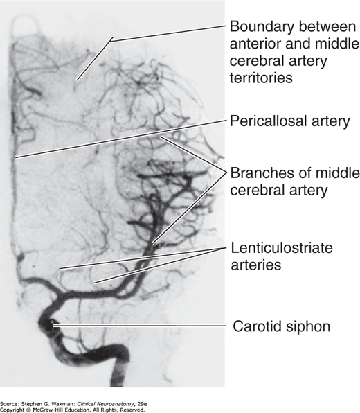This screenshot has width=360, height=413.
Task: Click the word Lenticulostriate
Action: pos(282,247)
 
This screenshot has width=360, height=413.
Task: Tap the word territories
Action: pos(261,78)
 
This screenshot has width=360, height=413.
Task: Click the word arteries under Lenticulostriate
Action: pos(256,265)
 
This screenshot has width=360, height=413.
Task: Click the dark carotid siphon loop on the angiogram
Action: pos(47,324)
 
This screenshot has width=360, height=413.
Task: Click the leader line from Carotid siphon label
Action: pos(139,326)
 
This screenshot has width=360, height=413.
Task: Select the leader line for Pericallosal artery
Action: pos(120,139)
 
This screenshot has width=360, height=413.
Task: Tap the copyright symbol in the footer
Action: pos(28,410)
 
